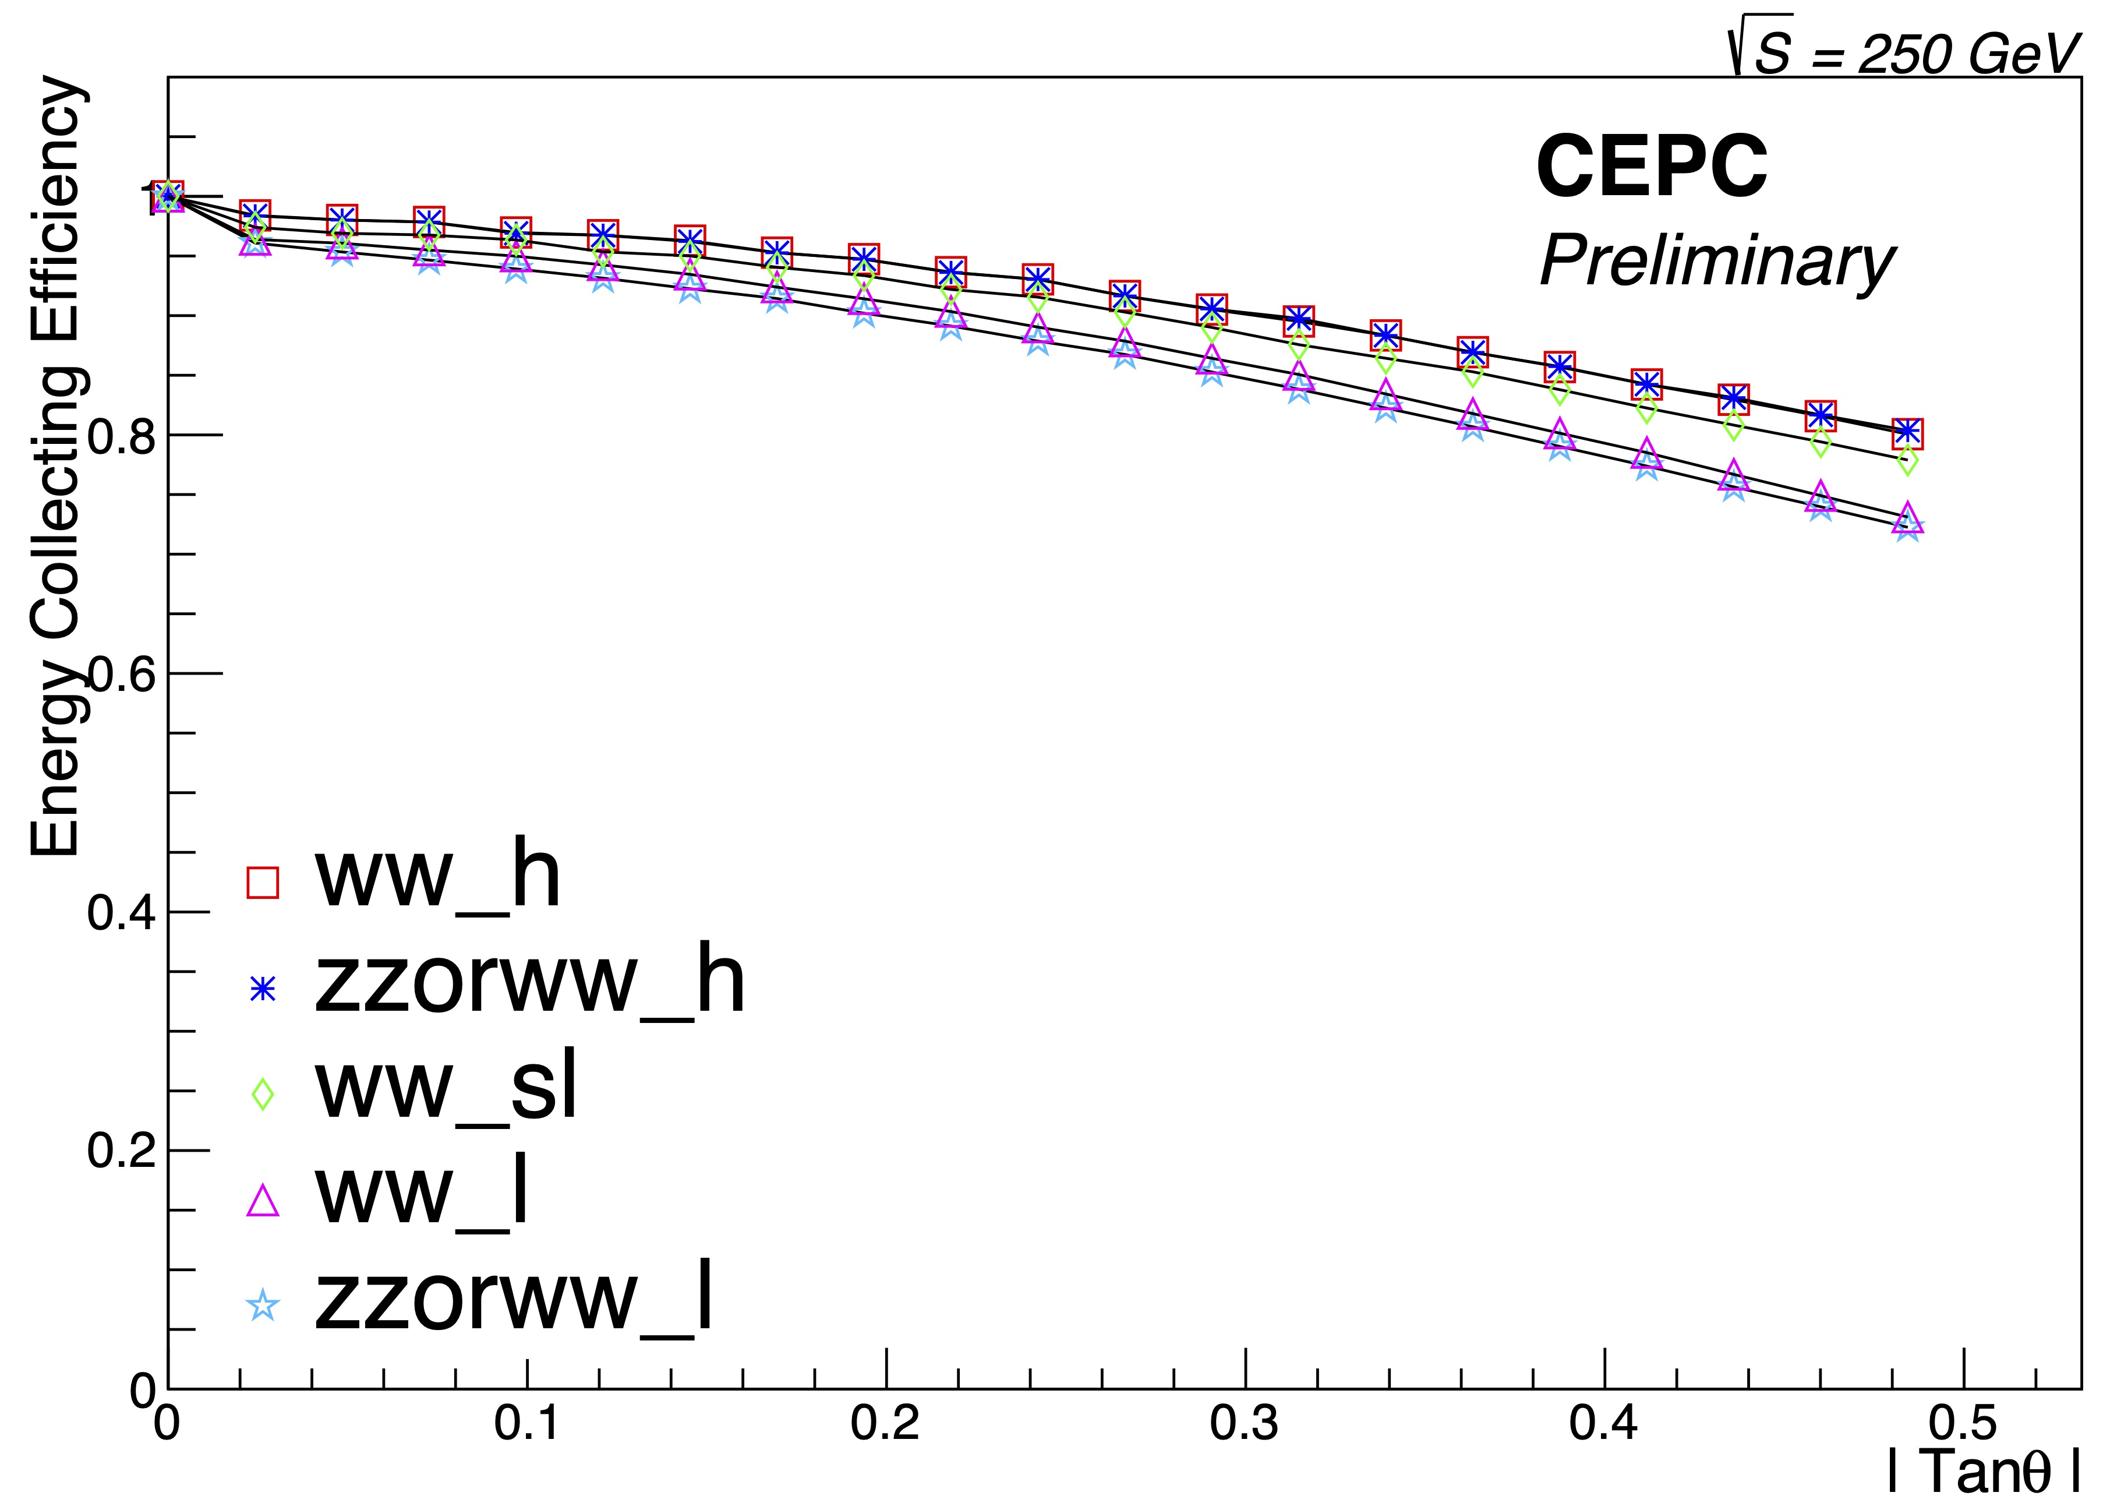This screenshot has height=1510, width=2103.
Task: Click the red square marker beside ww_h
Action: (x=263, y=882)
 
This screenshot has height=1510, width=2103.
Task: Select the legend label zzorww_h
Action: (x=529, y=980)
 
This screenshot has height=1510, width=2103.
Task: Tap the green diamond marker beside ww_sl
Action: (x=263, y=1093)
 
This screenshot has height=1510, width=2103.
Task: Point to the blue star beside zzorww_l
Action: (x=263, y=1306)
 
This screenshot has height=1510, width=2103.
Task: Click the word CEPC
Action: (x=1652, y=167)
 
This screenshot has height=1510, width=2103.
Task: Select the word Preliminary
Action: (x=1716, y=262)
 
